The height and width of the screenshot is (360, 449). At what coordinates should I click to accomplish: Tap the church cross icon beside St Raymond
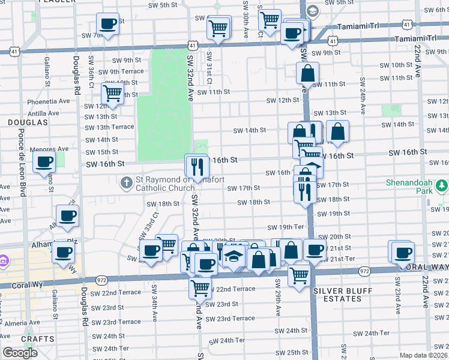tap(126, 182)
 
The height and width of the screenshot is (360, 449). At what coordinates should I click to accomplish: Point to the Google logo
tap(20, 353)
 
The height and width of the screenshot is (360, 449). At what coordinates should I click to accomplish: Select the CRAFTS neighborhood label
tap(21, 339)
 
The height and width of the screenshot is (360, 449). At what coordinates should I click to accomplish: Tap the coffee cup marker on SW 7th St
tap(108, 25)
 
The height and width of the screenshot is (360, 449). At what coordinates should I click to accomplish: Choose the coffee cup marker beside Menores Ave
tap(44, 161)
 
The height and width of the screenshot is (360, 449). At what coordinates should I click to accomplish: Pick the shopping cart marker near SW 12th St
tap(112, 93)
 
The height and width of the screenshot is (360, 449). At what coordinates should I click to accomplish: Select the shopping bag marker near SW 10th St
tap(307, 73)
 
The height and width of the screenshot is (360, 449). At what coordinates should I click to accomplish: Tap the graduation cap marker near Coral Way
tap(232, 257)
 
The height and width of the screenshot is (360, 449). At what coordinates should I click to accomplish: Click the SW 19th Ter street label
tap(286, 227)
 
